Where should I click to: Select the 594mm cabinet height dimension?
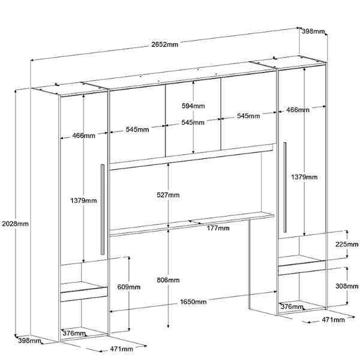pos(193,106)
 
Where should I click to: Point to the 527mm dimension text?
pos(169,195)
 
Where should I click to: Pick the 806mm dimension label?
pos(169,280)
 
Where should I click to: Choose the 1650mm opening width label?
pos(193,302)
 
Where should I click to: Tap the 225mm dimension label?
pos(347,244)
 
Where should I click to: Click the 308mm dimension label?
pos(347,286)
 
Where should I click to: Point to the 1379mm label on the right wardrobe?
pos(304,177)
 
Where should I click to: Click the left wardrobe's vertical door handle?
pos(103,208)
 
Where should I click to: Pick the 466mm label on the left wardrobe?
pos(83,136)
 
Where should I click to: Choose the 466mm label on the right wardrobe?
pos(298,110)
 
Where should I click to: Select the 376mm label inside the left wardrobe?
pos(74,333)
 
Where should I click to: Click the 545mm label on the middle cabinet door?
pos(193,122)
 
